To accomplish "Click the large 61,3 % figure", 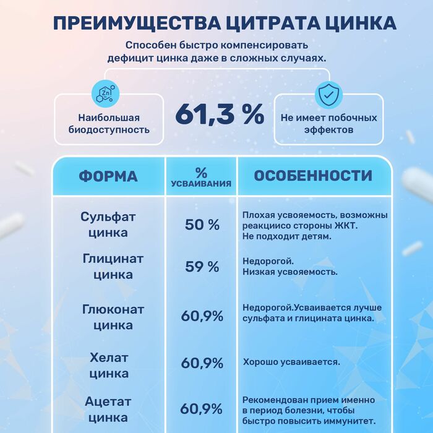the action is click(220, 114).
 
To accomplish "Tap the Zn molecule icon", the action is click(105, 94).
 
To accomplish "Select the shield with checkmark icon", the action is click(328, 94).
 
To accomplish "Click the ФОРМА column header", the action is click(108, 176).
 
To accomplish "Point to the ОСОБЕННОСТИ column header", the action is click(313, 176).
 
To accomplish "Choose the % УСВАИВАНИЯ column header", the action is click(201, 177).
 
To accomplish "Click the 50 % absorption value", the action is click(202, 225).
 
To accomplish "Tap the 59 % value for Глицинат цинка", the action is click(202, 267).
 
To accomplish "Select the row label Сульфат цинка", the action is click(108, 225).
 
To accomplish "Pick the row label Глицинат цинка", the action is click(113, 267).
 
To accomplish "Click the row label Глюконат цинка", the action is click(113, 317).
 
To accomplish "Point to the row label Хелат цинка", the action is click(109, 366).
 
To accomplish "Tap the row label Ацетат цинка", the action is click(108, 409).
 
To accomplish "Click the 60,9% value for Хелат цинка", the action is click(202, 363).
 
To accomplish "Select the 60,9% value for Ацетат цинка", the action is click(201, 409).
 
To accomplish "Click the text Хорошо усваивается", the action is click(291, 362).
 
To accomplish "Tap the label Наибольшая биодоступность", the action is click(109, 124).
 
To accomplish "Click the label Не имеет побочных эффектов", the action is click(329, 124).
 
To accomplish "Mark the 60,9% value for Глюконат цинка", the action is click(202, 316).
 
